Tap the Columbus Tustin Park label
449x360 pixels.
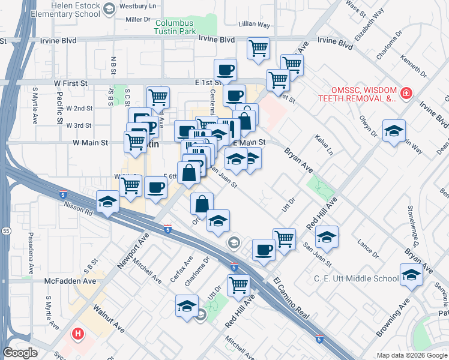pos(175,27)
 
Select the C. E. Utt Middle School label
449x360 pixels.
pos(356,278)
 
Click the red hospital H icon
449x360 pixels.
pos(78,333)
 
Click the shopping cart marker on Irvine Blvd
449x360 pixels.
pos(258,47)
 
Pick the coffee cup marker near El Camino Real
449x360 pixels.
pos(264,249)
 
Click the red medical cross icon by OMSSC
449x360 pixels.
pos(406,94)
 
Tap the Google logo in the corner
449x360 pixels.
pos(20,353)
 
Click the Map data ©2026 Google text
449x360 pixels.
pos(411,355)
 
